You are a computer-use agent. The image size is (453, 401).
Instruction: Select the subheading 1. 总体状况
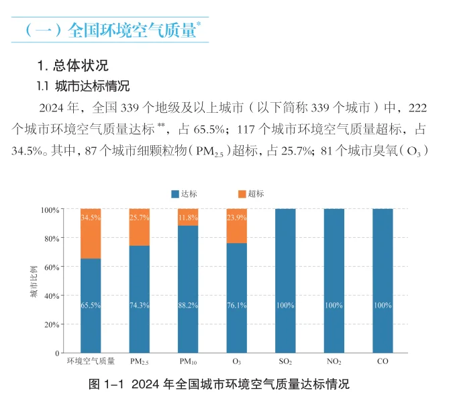pyautogui.click(x=72, y=66)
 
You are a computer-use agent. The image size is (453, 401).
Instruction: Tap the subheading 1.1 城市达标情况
pyautogui.click(x=83, y=87)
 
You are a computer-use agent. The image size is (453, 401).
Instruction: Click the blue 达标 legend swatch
pyautogui.click(x=175, y=193)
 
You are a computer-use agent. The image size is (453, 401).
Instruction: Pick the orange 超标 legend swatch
pyautogui.click(x=242, y=193)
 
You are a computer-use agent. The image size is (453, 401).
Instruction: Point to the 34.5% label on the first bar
pyautogui.click(x=91, y=218)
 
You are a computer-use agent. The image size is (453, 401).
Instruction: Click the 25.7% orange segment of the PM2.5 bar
pyautogui.click(x=140, y=228)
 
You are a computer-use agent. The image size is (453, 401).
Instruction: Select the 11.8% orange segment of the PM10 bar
pyautogui.click(x=188, y=218)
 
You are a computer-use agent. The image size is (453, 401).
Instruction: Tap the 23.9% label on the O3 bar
pyautogui.click(x=236, y=218)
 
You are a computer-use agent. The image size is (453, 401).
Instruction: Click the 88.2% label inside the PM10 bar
pyautogui.click(x=188, y=306)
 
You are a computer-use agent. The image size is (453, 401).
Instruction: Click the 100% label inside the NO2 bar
pyautogui.click(x=334, y=306)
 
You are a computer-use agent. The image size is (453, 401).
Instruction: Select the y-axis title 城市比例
pyautogui.click(x=34, y=281)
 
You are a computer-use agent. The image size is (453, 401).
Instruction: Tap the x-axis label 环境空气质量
pyautogui.click(x=91, y=361)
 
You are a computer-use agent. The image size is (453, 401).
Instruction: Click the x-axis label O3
pyautogui.click(x=236, y=362)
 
